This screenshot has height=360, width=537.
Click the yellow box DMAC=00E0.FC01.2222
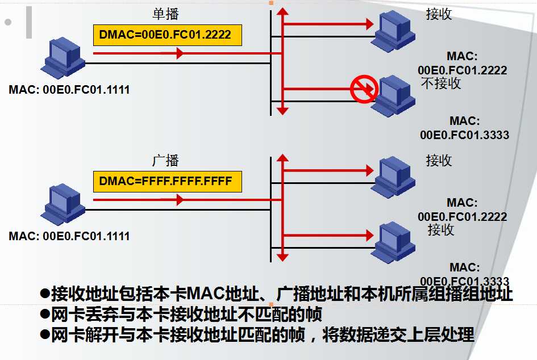(168, 35)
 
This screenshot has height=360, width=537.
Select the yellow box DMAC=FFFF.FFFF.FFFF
(168, 182)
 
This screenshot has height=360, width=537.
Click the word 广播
(165, 161)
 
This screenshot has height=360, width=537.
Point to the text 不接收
(441, 83)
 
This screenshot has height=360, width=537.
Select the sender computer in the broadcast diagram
(64, 205)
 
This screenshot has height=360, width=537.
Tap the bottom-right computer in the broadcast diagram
(392, 241)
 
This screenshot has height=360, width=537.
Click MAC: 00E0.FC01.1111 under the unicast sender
(69, 90)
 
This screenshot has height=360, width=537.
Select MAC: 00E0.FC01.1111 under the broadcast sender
(69, 236)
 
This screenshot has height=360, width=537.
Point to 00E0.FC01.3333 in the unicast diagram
(464, 135)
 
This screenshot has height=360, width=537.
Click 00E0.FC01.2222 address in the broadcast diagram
(463, 216)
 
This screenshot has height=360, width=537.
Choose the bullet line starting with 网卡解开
(256, 334)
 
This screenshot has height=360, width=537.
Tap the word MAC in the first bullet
(203, 294)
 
